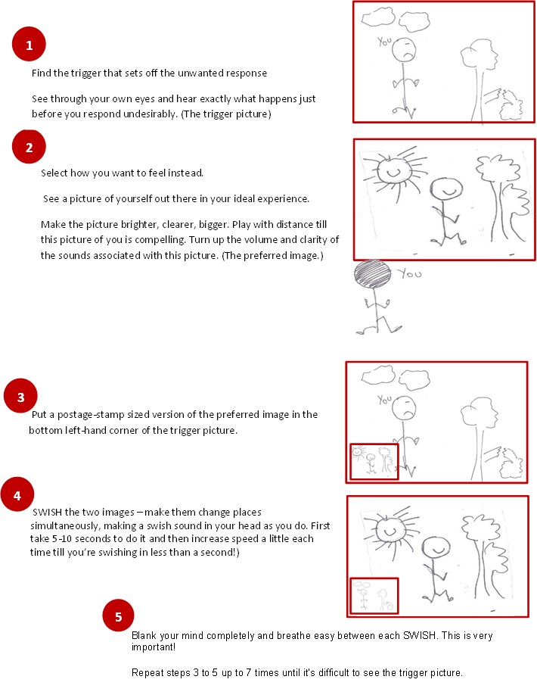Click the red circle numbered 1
(x=29, y=46)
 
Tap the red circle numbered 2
(x=29, y=147)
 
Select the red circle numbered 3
(x=21, y=396)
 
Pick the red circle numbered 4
(x=17, y=494)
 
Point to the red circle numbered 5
(x=117, y=617)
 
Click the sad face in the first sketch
(x=405, y=50)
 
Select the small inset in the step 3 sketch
(x=374, y=461)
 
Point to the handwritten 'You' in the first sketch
(x=386, y=43)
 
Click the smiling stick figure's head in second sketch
(x=442, y=188)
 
